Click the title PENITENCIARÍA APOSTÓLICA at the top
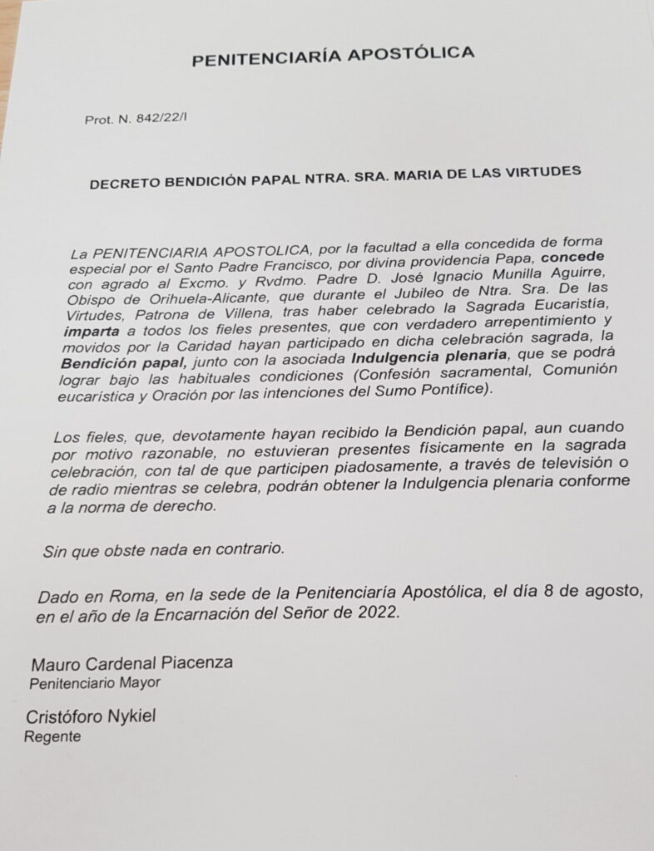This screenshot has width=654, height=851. coord(333,57)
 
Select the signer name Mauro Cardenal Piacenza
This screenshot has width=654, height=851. coord(131,663)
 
